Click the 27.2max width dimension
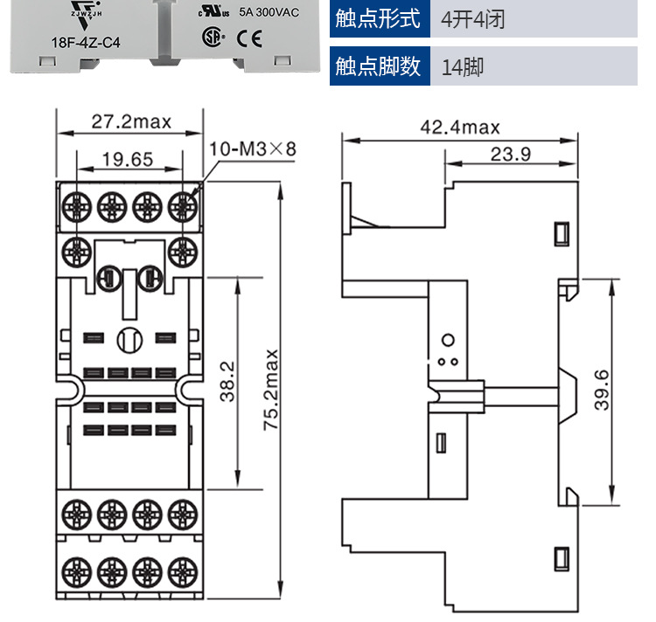(131, 121)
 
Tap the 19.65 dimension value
(128, 159)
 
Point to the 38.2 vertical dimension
(227, 383)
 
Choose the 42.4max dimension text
(460, 128)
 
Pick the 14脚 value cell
(463, 66)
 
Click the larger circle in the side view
(448, 339)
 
